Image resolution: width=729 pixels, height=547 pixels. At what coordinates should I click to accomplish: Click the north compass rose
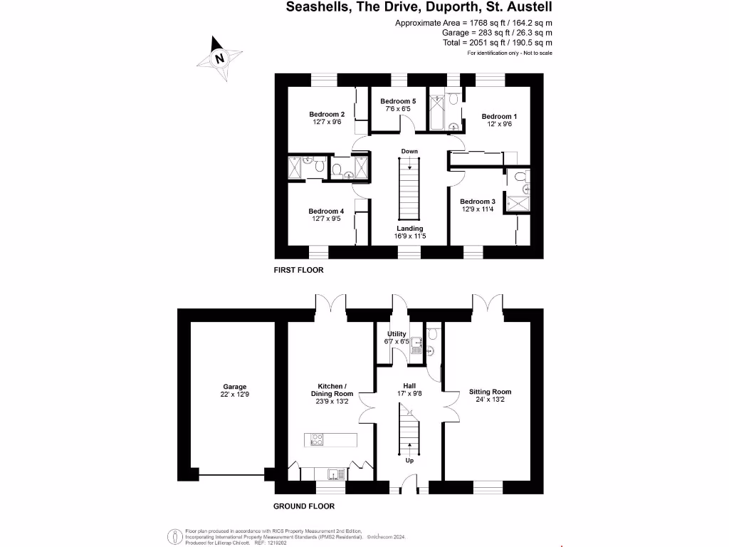tap(219, 58)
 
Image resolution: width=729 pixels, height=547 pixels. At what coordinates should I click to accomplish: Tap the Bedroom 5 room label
tap(398, 101)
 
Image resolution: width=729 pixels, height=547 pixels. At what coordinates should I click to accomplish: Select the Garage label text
tap(234, 387)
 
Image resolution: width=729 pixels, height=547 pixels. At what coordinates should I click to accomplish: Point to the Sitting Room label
tap(490, 392)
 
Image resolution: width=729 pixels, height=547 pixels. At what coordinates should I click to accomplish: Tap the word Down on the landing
tap(409, 151)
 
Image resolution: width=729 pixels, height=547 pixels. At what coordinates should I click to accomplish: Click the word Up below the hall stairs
tap(409, 460)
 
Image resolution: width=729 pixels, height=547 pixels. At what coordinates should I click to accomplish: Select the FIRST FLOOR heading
tap(299, 271)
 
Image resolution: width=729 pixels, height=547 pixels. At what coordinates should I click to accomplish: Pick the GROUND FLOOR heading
tap(304, 506)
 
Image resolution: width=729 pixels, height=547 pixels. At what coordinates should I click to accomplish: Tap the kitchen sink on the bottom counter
tap(332, 473)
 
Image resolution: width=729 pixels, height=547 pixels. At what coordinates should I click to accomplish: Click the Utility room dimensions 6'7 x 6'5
tap(397, 342)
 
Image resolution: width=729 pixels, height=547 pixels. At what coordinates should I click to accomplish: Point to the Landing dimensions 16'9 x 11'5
tap(410, 236)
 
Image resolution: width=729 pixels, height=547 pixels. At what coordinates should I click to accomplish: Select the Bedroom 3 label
tap(478, 202)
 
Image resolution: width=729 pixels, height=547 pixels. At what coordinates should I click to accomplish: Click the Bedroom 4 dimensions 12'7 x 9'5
tap(326, 219)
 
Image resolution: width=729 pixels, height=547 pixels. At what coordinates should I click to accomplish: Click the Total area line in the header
tap(498, 42)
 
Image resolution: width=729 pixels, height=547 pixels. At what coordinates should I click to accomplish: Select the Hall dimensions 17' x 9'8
tap(409, 392)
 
